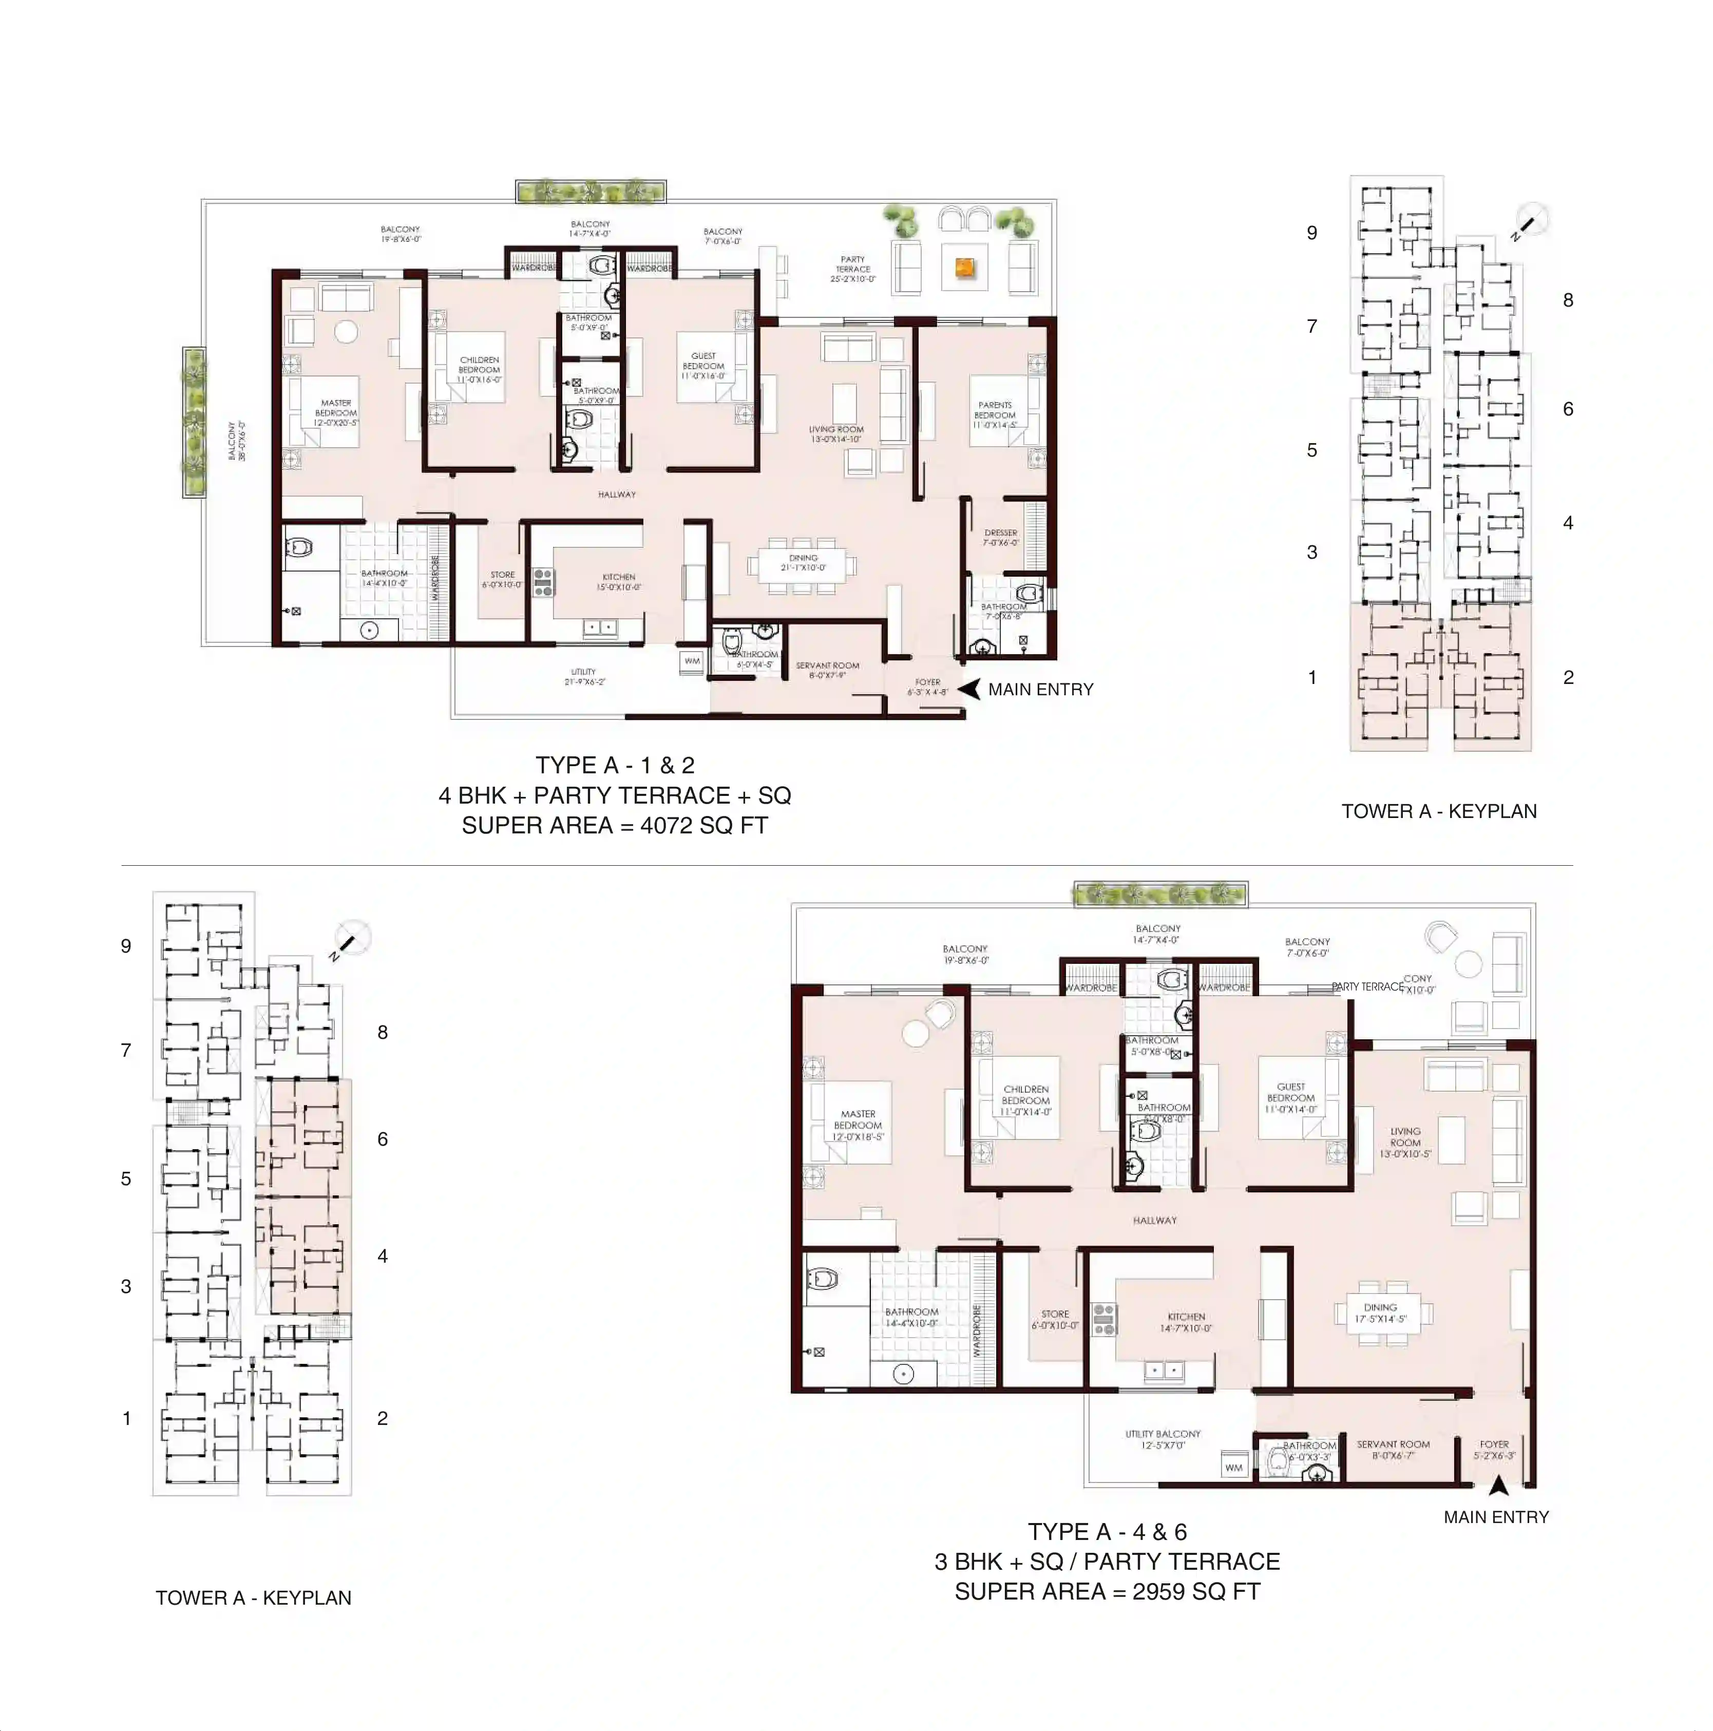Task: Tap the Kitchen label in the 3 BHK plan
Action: [1186, 1322]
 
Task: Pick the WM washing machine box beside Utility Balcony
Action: [1234, 1468]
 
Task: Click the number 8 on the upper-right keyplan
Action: [1568, 301]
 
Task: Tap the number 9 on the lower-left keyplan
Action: [126, 947]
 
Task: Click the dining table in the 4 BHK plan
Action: [802, 563]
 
